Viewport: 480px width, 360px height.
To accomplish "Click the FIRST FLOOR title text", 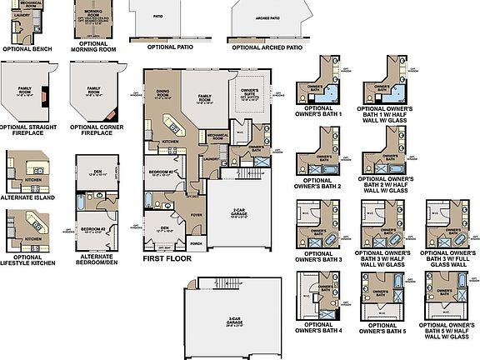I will (x=167, y=258).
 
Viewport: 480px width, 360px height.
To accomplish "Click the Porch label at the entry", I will (x=197, y=244).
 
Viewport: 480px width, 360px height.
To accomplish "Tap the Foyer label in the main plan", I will (x=197, y=213).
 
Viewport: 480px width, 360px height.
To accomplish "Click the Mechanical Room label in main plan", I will (x=217, y=135).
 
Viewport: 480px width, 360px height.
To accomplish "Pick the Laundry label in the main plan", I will (x=210, y=158).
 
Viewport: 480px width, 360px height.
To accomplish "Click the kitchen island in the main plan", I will (x=173, y=126).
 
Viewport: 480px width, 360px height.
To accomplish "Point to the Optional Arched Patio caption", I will (x=267, y=47).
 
